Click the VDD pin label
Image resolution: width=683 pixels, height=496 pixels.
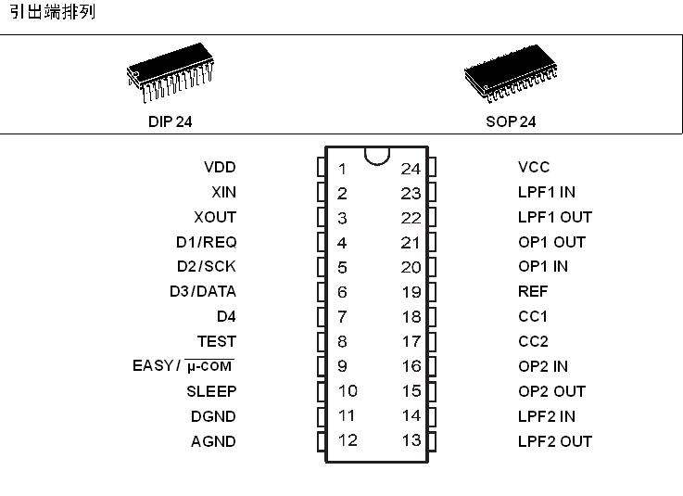tap(220, 168)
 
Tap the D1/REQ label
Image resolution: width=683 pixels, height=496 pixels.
tap(207, 242)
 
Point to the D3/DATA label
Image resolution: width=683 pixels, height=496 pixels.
tap(202, 291)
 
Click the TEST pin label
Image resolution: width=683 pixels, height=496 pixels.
tap(216, 341)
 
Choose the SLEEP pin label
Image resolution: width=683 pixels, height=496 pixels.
tap(211, 391)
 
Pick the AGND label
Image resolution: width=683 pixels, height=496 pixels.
tap(213, 441)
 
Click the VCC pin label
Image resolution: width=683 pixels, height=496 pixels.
tap(534, 168)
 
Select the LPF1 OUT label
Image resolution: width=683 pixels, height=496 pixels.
tap(554, 217)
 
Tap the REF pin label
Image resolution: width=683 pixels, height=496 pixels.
tap(533, 291)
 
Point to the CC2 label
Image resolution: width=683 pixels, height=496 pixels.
tap(533, 341)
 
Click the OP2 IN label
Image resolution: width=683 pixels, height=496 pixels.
tap(543, 366)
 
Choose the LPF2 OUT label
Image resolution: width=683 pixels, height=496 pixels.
tap(554, 441)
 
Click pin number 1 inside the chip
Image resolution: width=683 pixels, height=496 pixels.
tap(342, 169)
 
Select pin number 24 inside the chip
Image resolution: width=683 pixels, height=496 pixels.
tap(411, 169)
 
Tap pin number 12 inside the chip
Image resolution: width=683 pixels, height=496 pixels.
tap(347, 440)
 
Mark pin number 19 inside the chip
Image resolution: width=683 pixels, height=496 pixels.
tap(411, 292)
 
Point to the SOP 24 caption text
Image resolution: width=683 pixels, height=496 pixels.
tap(511, 121)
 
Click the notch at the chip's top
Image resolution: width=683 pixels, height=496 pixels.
tap(376, 155)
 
